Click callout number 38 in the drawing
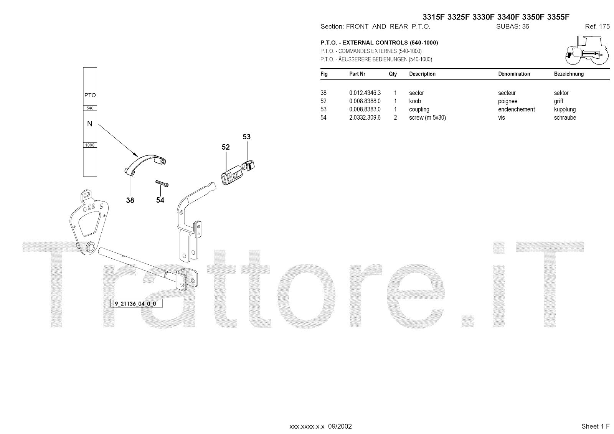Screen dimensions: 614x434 [x=130, y=200]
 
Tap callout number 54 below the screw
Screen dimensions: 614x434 [x=160, y=200]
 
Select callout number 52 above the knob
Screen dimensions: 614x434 [x=226, y=147]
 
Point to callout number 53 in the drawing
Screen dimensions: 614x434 [x=246, y=137]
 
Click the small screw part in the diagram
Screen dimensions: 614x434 [x=162, y=183]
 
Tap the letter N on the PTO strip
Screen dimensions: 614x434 [x=90, y=124]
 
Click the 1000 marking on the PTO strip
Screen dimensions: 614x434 [x=90, y=145]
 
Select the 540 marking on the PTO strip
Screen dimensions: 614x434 [x=90, y=108]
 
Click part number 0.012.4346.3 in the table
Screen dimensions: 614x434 [x=365, y=93]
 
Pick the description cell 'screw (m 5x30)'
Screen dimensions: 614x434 [x=427, y=118]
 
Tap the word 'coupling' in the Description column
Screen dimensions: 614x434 [x=419, y=109]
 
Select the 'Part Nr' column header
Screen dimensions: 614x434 [x=357, y=74]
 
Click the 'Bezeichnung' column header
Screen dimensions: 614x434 [x=569, y=74]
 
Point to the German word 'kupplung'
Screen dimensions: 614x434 [x=565, y=109]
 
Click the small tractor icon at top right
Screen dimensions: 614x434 [x=586, y=51]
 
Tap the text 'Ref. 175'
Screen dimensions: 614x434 [x=597, y=26]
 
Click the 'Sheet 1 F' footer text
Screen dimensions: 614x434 [x=595, y=426]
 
